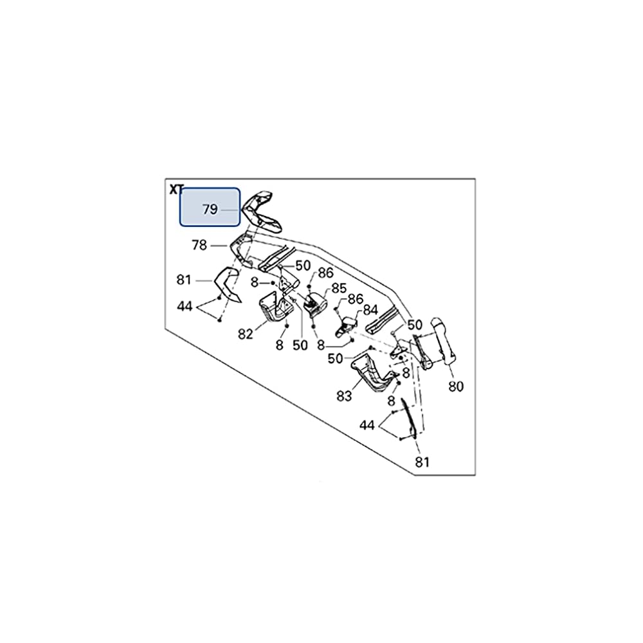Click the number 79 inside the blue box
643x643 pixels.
210,209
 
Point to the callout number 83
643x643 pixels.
344,396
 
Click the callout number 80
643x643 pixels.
455,386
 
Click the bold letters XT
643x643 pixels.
176,190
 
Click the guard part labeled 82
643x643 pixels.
275,309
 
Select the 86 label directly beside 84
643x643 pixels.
356,299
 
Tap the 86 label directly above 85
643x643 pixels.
325,273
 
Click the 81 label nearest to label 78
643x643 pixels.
185,280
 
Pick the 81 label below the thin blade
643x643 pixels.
422,462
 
